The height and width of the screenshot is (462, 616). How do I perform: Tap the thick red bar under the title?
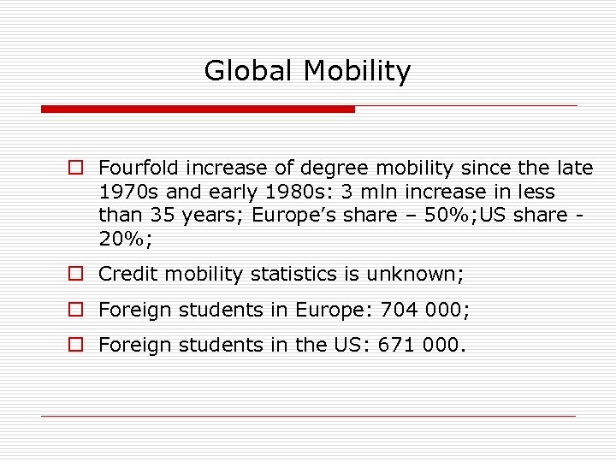pyautogui.click(x=198, y=110)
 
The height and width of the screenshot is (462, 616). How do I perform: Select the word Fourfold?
pyautogui.click(x=138, y=169)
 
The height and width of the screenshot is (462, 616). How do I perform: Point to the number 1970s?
pyautogui.click(x=127, y=192)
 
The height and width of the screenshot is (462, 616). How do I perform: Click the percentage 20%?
pyautogui.click(x=124, y=239)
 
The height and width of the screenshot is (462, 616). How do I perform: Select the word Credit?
pyautogui.click(x=128, y=275)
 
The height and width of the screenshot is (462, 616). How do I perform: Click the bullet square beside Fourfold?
pyautogui.click(x=77, y=169)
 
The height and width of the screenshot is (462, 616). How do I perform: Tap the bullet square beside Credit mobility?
pyautogui.click(x=77, y=275)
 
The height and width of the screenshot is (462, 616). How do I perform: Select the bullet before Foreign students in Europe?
pyautogui.click(x=77, y=310)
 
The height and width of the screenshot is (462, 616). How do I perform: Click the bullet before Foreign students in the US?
pyautogui.click(x=77, y=345)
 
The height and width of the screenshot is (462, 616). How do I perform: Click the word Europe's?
pyautogui.click(x=287, y=215)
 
